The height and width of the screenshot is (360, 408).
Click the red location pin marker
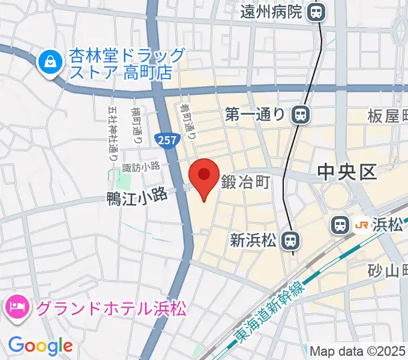[204, 175]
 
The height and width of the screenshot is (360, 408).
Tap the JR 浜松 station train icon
[340, 226]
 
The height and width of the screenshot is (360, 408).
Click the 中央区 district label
[347, 173]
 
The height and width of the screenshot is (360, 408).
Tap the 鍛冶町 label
[244, 181]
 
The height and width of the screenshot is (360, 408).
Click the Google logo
[40, 346]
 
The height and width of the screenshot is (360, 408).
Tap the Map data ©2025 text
[357, 351]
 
